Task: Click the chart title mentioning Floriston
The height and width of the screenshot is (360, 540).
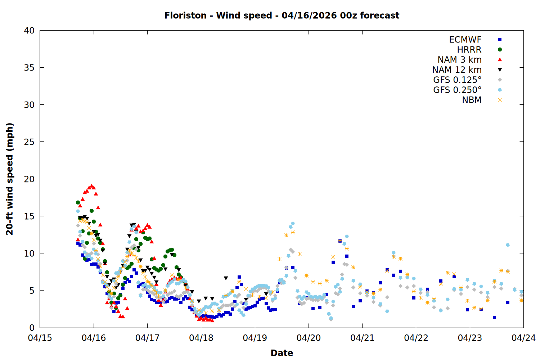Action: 282,15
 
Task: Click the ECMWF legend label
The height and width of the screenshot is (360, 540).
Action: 465,40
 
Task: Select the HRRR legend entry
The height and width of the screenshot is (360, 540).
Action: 469,50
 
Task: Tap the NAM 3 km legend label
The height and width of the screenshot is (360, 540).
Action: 459,60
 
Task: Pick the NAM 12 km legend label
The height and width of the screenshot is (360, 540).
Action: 457,70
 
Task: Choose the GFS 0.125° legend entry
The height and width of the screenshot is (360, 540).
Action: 457,80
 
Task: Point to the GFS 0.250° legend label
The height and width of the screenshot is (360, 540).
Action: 457,90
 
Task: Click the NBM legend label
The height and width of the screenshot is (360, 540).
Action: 472,100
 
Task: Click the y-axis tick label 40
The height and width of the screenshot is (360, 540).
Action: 29,31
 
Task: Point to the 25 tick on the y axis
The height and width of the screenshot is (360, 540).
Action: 29,142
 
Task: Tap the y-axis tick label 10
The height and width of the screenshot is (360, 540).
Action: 29,253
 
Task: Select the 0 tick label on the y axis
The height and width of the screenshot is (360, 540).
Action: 32,328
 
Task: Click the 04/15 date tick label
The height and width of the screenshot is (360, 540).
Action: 40,338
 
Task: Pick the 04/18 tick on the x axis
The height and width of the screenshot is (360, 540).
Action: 201,338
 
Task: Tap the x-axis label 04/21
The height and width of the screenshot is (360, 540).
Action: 363,338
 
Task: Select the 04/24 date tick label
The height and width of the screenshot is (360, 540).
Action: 523,338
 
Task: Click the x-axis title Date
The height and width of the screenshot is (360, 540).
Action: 282,353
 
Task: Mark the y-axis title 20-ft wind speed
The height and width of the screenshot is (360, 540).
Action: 10,179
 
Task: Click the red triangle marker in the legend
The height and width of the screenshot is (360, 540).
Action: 500,60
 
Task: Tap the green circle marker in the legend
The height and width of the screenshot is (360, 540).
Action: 500,50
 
